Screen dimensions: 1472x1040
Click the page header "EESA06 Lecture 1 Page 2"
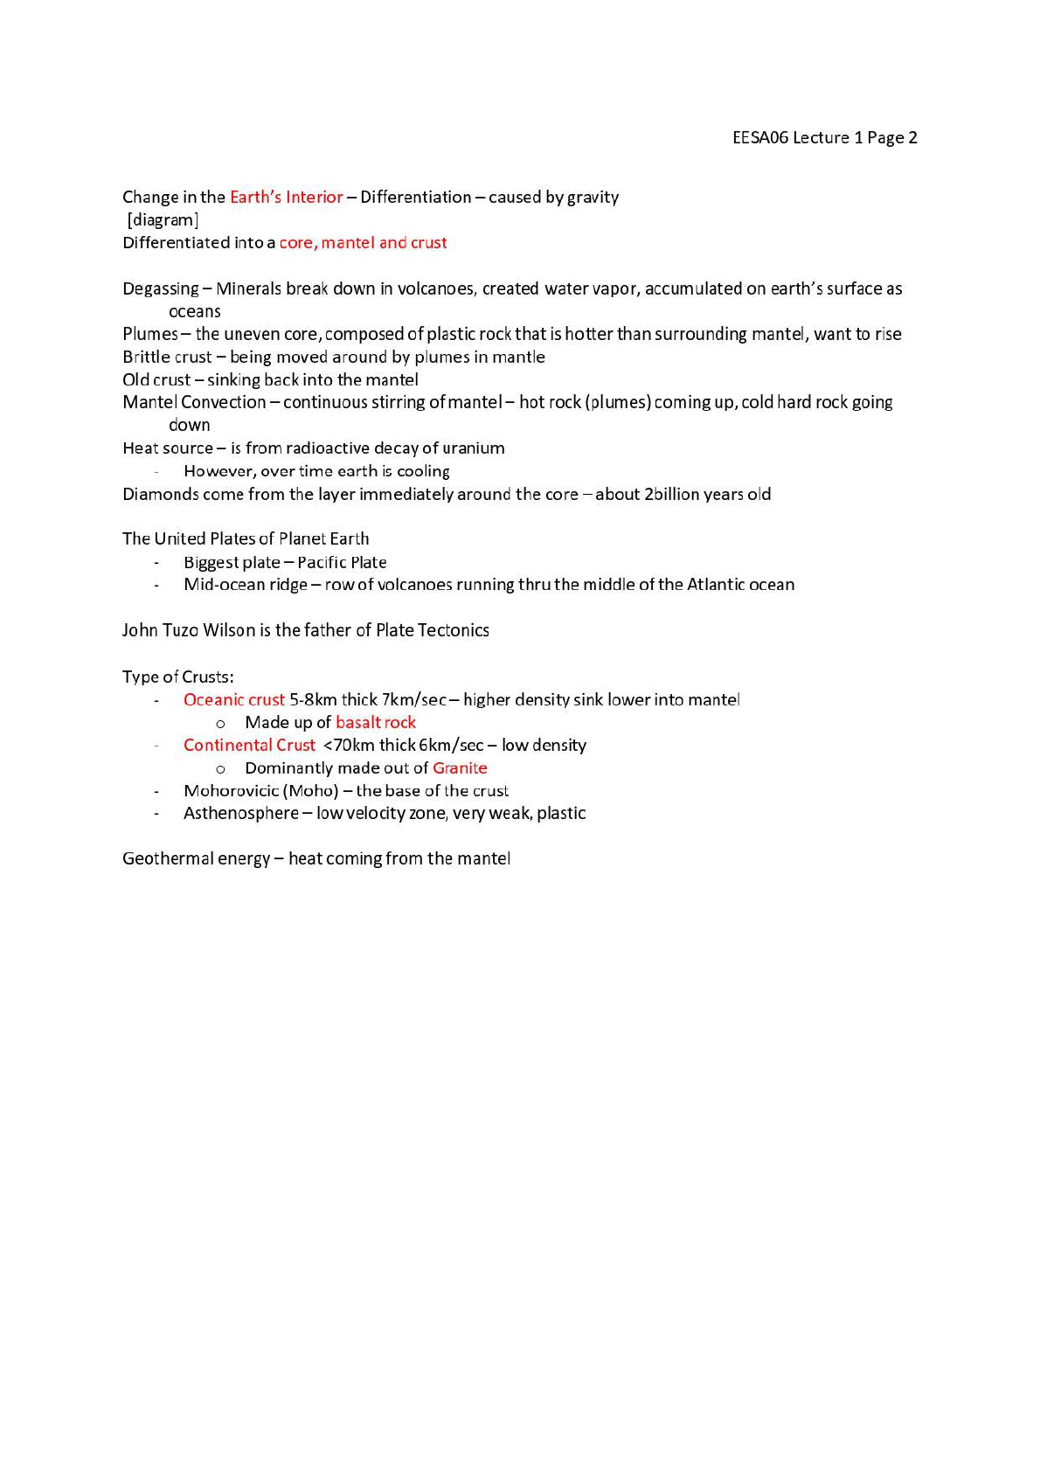tap(824, 137)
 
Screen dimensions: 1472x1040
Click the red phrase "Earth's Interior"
tap(286, 197)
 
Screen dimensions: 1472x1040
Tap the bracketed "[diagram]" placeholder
tap(163, 219)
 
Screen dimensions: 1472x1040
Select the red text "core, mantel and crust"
tap(363, 242)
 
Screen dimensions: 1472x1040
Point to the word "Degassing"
tap(161, 288)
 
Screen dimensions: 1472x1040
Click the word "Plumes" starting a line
tap(149, 334)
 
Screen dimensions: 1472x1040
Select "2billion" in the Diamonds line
tap(671, 494)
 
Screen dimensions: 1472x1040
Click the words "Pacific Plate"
tap(342, 562)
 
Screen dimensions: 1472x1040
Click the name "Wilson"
tap(228, 630)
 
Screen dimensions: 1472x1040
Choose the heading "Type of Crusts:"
tap(178, 677)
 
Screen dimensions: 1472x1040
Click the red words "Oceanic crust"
tap(233, 699)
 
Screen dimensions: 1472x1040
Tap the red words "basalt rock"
tap(376, 722)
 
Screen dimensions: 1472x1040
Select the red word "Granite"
tap(460, 767)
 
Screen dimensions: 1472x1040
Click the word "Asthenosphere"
tap(240, 813)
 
